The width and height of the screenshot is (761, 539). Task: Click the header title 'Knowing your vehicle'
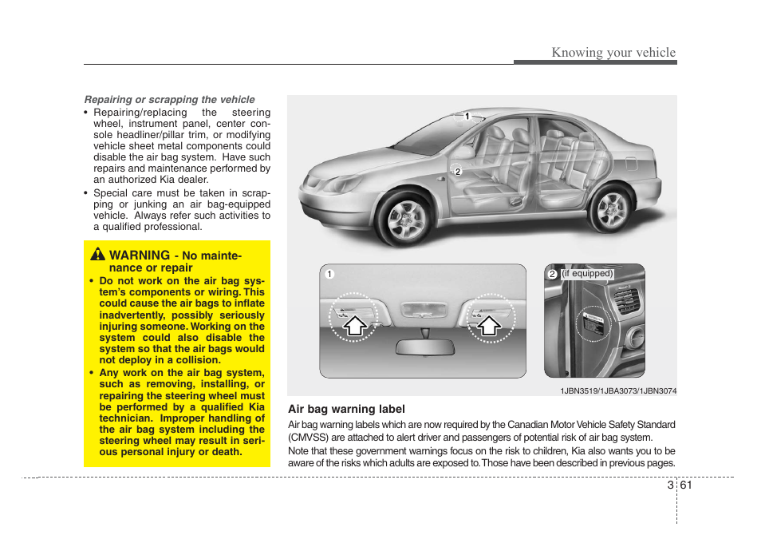click(613, 53)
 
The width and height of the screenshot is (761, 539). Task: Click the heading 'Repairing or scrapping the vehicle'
click(170, 100)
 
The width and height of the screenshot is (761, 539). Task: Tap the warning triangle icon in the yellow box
click(97, 255)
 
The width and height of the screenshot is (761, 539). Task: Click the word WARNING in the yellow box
click(140, 255)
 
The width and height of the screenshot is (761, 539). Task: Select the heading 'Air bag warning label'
click(346, 409)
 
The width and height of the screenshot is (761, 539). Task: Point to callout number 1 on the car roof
click(467, 117)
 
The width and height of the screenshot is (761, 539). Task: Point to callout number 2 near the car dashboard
click(457, 171)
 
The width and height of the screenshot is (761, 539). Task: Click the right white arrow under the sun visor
click(488, 325)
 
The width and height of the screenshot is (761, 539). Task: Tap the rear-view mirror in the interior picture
click(425, 347)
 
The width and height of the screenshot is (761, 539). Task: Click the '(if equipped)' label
click(587, 274)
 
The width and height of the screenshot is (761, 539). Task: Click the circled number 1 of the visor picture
click(327, 275)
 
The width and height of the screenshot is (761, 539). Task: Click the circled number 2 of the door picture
click(551, 275)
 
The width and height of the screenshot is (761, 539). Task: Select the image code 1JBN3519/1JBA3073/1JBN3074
click(617, 390)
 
